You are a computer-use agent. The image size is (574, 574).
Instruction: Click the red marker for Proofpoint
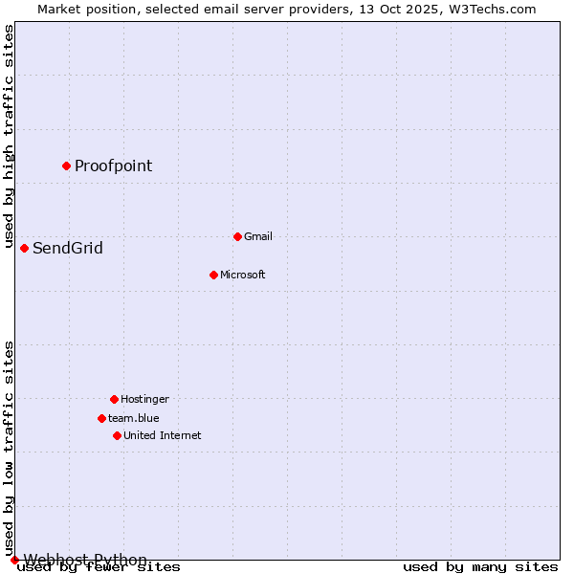point(66,166)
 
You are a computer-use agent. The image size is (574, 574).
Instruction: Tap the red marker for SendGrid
point(24,248)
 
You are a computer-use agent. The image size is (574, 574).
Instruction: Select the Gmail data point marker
point(237,236)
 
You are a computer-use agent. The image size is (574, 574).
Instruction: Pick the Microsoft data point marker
point(213,275)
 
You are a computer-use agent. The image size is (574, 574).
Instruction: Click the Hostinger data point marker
point(114,399)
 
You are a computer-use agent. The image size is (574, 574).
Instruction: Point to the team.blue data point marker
point(101,418)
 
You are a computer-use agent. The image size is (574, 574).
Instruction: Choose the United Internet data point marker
point(117,435)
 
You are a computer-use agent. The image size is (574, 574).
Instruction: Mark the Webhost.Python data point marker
point(14,560)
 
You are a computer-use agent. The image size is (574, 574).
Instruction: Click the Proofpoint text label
point(113,166)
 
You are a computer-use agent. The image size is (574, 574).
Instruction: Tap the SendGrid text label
point(68,249)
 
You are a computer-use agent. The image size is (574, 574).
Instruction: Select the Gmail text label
point(258,236)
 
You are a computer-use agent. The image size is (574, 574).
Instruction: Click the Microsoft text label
point(243,275)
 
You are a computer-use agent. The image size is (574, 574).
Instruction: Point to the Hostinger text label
point(144,399)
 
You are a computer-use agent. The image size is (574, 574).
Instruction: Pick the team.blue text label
point(134,418)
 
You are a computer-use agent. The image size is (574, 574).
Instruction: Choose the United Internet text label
point(163,435)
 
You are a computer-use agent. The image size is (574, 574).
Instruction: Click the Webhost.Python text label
point(85,560)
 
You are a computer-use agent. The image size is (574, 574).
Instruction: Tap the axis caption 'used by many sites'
point(480,567)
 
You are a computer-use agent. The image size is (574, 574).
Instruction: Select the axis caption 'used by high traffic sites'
point(10,134)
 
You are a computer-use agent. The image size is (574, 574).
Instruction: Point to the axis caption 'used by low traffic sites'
point(10,448)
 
